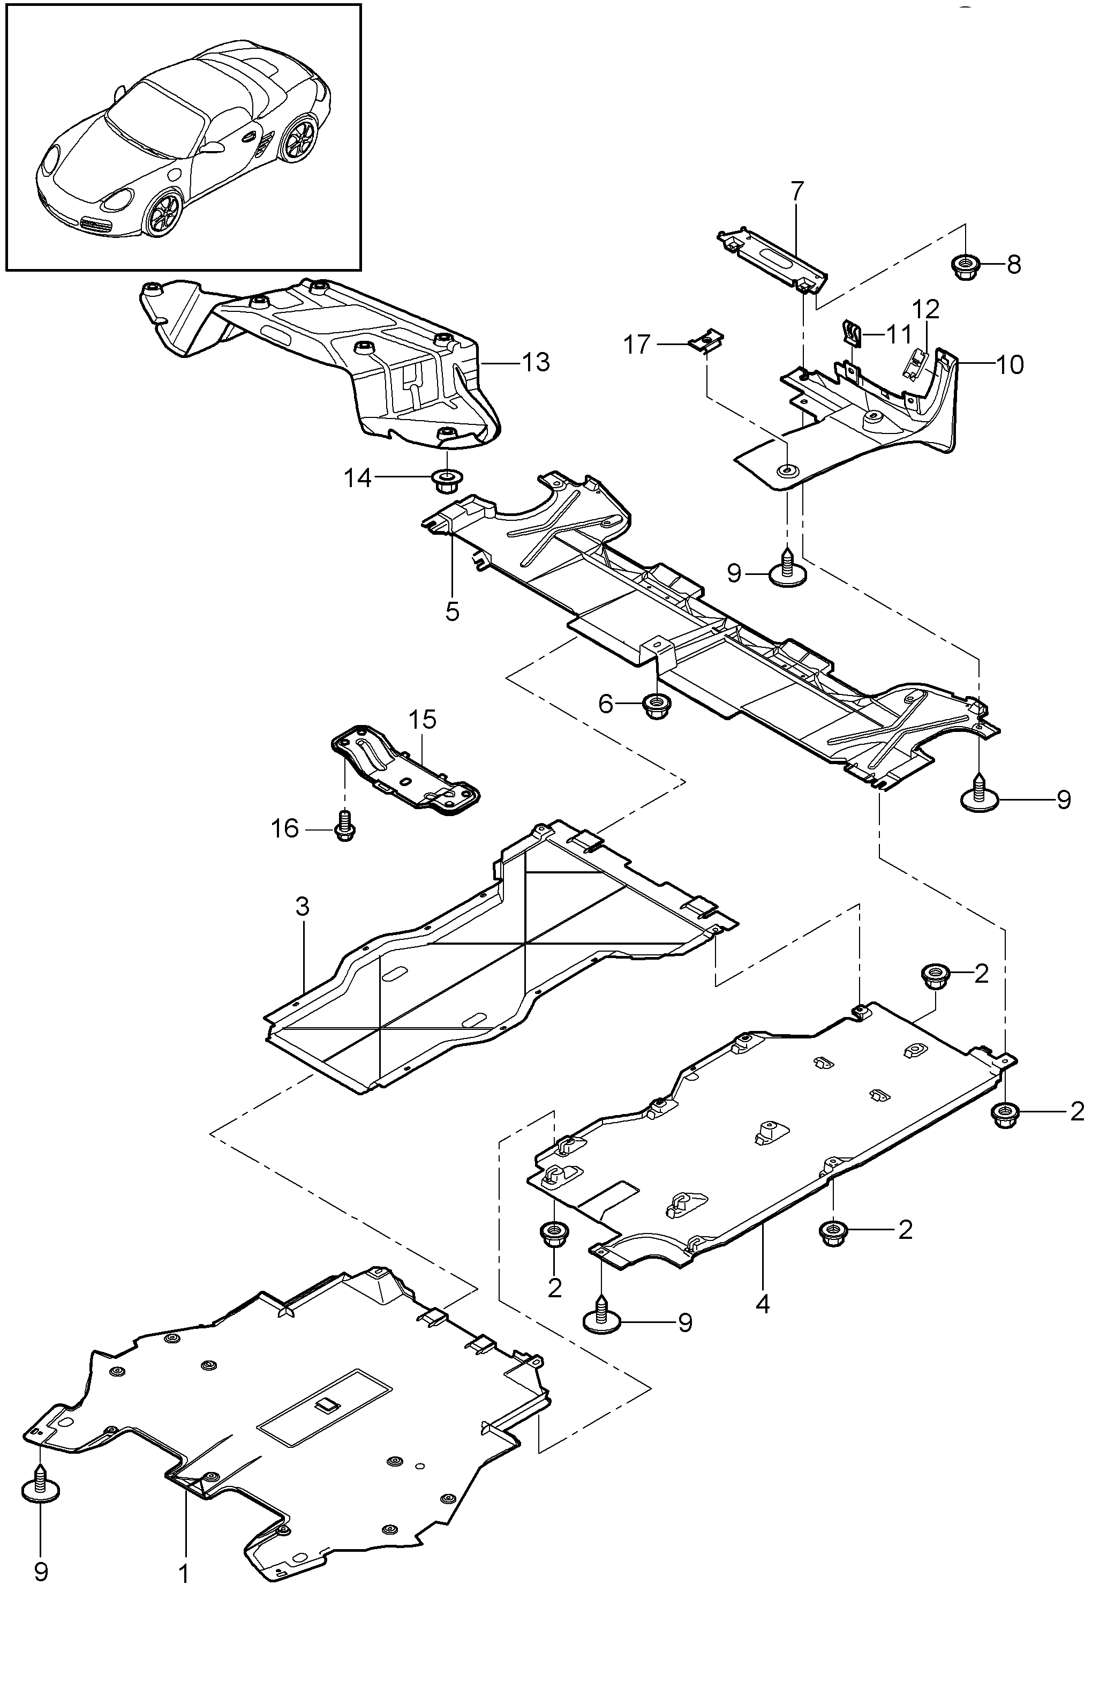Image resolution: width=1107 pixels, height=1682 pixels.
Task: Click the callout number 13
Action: [x=536, y=363]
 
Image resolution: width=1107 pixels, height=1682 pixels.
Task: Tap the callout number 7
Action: [x=797, y=191]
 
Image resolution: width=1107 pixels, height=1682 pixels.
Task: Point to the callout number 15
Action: [x=423, y=720]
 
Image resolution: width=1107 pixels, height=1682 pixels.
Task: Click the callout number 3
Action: [x=303, y=907]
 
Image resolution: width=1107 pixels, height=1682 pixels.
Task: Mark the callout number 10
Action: [x=1010, y=365]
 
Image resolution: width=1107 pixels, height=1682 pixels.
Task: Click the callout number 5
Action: [x=452, y=611]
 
